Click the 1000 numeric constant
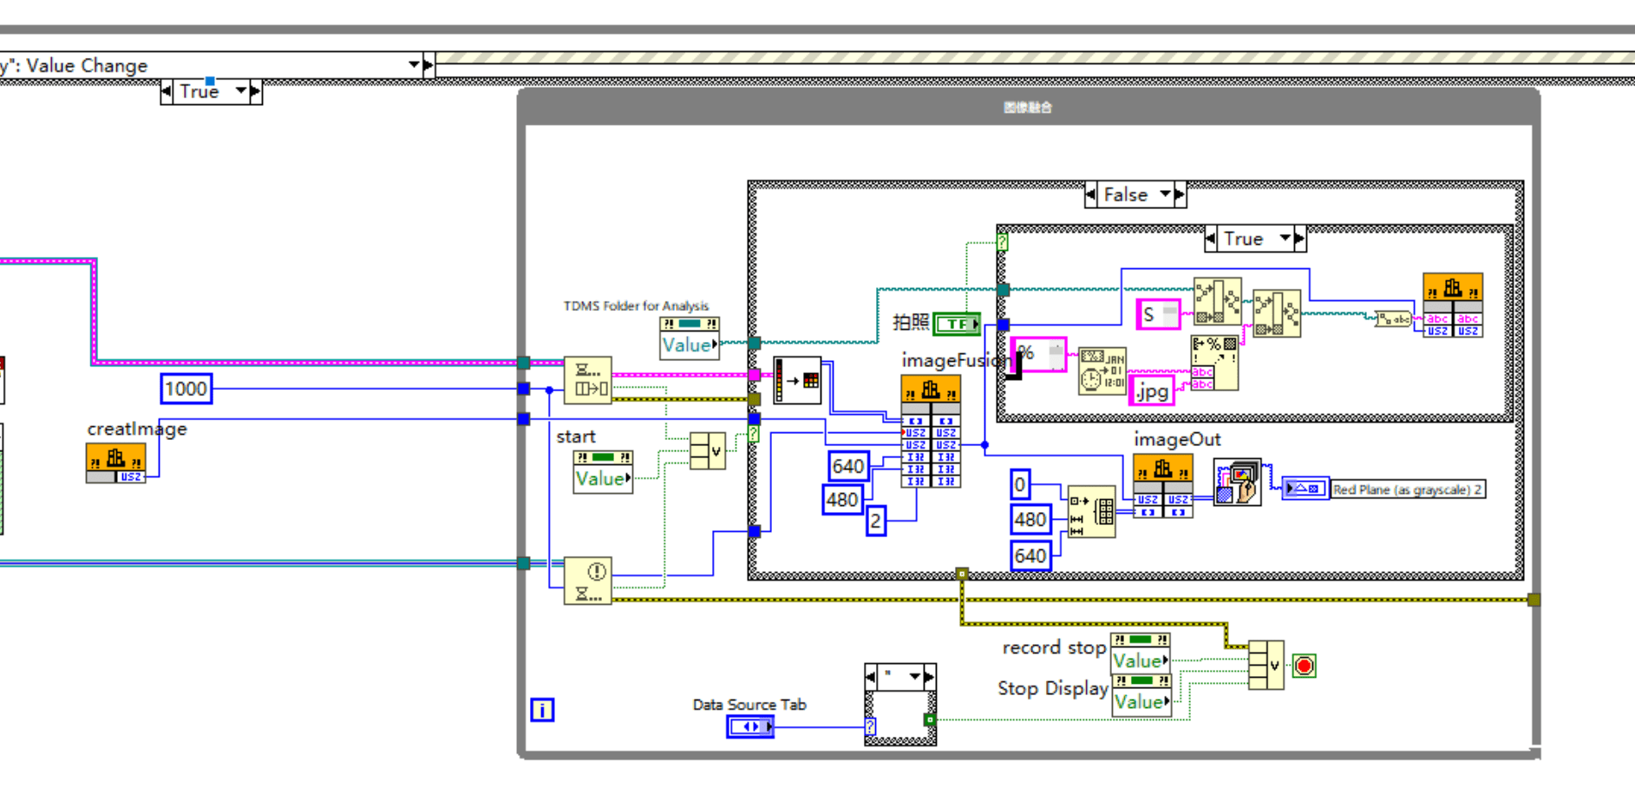186,389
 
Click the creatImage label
136,429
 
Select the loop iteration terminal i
542,710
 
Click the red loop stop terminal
1304,666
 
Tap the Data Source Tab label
749,705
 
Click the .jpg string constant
1152,391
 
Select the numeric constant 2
875,521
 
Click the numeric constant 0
1020,484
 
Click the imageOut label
1176,440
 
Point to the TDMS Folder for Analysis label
636,305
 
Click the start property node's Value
601,478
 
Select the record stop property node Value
1139,660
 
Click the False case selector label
1125,195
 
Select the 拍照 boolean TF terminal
957,324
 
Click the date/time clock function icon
1102,371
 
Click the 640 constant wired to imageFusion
847,467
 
